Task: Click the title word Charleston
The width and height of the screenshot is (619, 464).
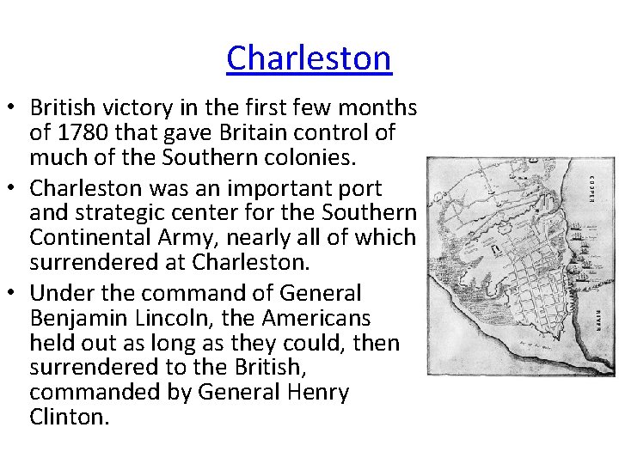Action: pos(309,58)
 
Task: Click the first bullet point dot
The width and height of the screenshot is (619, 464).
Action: pos(12,109)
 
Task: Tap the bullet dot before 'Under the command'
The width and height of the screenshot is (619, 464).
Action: pos(12,294)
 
